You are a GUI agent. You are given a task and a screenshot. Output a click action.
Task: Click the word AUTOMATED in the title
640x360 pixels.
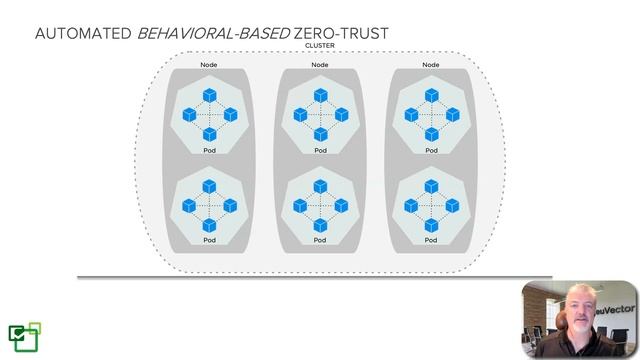point(83,34)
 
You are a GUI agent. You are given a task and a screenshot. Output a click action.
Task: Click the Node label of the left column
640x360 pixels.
point(209,65)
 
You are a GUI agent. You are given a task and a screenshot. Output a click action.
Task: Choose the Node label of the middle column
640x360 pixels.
point(320,65)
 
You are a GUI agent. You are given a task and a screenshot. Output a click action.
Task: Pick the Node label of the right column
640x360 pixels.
point(430,65)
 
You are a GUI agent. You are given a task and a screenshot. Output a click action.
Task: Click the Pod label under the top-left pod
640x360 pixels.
point(209,151)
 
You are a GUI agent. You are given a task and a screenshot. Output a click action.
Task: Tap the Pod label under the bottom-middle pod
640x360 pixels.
point(320,241)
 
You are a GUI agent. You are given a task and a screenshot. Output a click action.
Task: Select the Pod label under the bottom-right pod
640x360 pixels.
point(430,241)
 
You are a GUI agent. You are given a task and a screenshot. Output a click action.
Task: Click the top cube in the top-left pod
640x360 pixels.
point(209,96)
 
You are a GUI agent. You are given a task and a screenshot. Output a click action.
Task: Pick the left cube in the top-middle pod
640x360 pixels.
point(299,115)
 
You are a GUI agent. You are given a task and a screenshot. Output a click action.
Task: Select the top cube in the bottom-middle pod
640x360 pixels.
point(320,186)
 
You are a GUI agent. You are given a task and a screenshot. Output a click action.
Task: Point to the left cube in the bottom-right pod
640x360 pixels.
point(410,205)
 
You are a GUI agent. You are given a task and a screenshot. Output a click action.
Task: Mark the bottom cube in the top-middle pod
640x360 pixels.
point(320,134)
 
